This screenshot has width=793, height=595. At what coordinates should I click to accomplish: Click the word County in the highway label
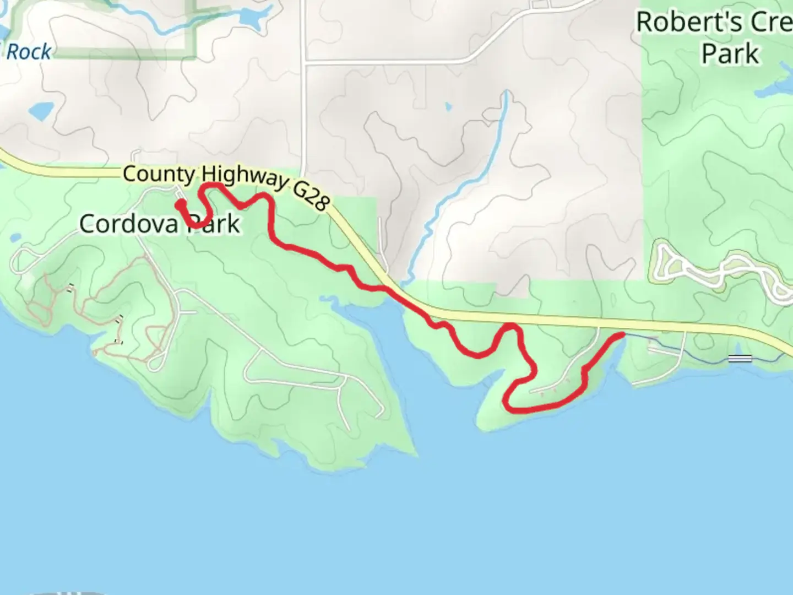(159, 174)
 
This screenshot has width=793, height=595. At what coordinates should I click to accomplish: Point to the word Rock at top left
(29, 52)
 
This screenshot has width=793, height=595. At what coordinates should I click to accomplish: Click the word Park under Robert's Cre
(730, 54)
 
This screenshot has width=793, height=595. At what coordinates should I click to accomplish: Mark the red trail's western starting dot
(180, 204)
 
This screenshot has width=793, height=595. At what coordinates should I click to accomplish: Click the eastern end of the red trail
(622, 334)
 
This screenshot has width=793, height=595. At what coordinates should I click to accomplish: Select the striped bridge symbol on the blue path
(740, 359)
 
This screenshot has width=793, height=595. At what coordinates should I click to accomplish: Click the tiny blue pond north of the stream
(448, 106)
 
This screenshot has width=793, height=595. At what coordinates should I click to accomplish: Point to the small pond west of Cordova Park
(14, 239)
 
